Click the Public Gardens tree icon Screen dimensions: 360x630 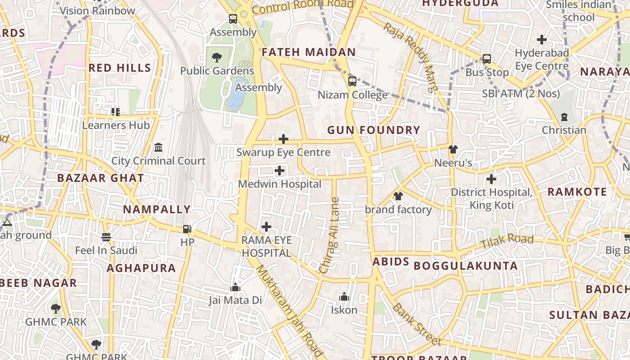[x=217, y=57]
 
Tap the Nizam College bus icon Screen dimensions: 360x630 [x=352, y=81]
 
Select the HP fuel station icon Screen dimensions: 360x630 [x=187, y=229]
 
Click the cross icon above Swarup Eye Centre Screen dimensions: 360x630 [x=283, y=139]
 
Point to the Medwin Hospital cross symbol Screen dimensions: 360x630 [x=279, y=171]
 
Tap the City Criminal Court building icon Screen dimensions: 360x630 [x=158, y=148]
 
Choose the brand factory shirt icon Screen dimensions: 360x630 [x=398, y=196]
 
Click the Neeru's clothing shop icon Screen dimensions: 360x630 [x=453, y=149]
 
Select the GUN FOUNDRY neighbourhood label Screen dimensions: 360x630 [x=373, y=130]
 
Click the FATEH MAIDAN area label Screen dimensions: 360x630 [x=309, y=52]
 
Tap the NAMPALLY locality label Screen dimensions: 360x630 [x=157, y=209]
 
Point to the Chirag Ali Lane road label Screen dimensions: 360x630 [x=330, y=235]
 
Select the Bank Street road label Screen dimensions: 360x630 [x=416, y=324]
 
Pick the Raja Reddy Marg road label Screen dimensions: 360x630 [x=410, y=57]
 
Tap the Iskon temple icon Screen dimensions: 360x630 [x=344, y=297]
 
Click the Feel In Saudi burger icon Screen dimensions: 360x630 [x=106, y=237]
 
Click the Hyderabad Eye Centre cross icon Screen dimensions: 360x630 [x=542, y=40]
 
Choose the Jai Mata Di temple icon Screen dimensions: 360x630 [x=235, y=287]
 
